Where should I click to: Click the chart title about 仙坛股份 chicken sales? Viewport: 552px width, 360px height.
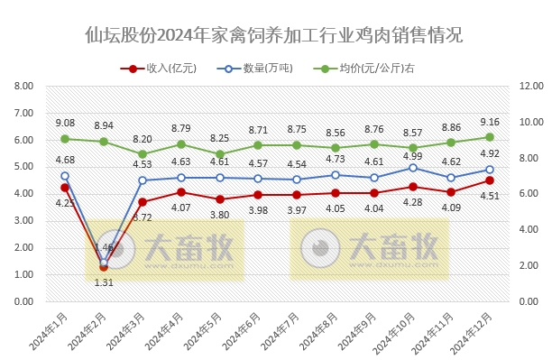pyautogui.click(x=275, y=35)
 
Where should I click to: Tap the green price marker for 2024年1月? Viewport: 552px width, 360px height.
pyautogui.click(x=65, y=139)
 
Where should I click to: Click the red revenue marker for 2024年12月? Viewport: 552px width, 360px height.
pyautogui.click(x=489, y=180)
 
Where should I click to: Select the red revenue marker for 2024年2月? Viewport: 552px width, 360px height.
pyautogui.click(x=104, y=267)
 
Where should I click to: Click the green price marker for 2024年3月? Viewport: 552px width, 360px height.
pyautogui.click(x=143, y=154)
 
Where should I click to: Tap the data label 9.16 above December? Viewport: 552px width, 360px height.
pyautogui.click(x=489, y=122)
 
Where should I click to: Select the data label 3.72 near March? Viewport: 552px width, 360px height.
pyautogui.click(x=143, y=217)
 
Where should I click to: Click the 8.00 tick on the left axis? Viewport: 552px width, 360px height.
pyautogui.click(x=24, y=87)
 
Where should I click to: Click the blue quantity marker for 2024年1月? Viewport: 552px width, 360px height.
pyautogui.click(x=65, y=176)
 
